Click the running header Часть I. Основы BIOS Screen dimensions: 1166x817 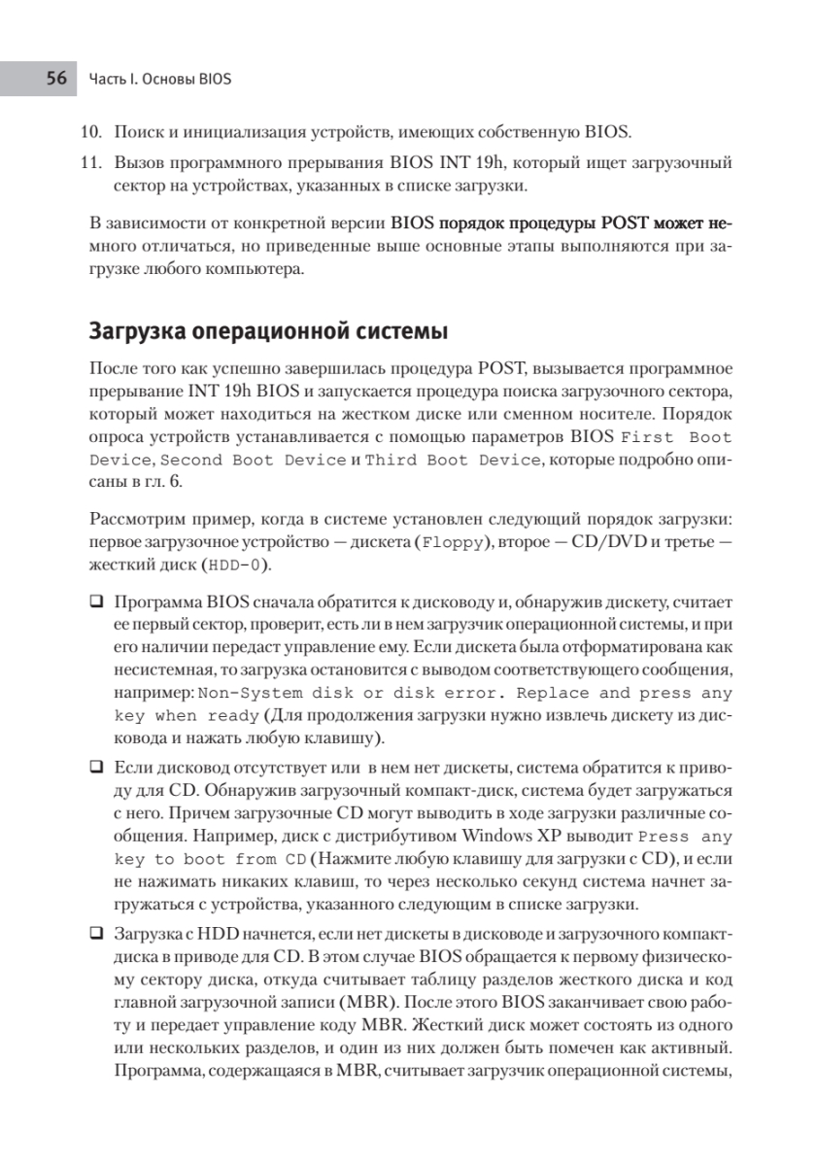point(159,79)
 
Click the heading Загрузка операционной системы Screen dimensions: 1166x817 point(268,332)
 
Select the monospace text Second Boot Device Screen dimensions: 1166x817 point(253,460)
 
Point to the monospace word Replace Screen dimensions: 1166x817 point(553,694)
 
